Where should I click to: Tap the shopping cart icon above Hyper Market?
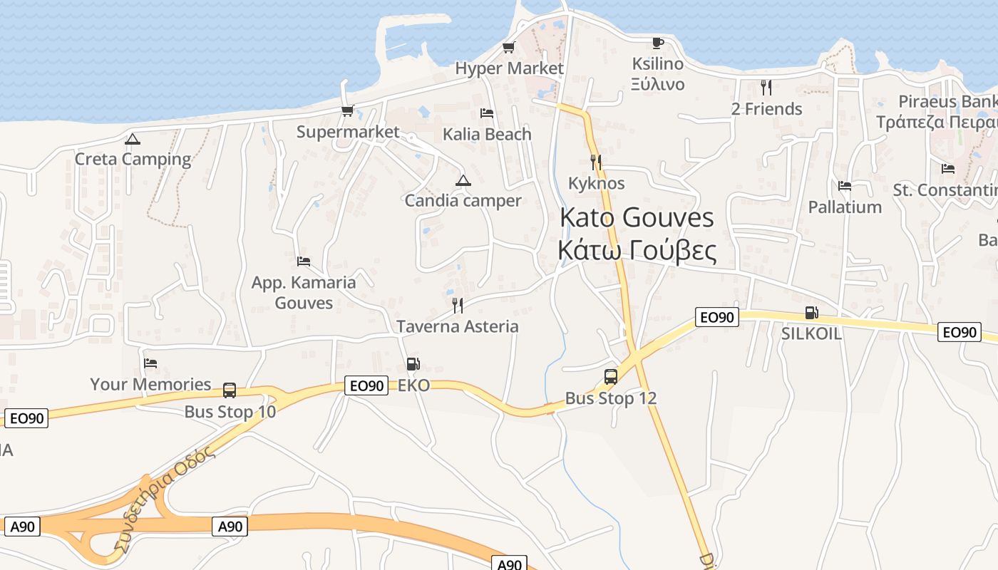click(x=508, y=48)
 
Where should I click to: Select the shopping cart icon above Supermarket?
click(x=347, y=111)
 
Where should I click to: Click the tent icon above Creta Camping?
click(x=132, y=140)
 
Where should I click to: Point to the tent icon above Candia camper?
click(x=463, y=181)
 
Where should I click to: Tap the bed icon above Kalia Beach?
click(x=487, y=113)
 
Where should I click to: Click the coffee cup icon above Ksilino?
click(x=657, y=43)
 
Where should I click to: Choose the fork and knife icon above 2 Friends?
click(x=766, y=88)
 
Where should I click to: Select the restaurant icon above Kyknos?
click(x=596, y=162)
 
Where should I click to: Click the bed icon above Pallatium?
click(x=845, y=186)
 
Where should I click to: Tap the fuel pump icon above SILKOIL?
click(x=811, y=313)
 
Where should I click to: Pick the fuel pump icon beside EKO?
click(x=413, y=365)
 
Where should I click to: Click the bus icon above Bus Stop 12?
click(x=611, y=377)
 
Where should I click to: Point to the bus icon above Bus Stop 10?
click(x=230, y=390)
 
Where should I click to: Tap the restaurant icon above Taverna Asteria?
click(x=458, y=306)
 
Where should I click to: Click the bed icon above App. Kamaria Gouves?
click(x=304, y=261)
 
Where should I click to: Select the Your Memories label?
click(x=150, y=385)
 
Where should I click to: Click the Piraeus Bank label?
click(x=947, y=101)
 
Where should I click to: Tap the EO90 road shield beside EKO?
click(x=366, y=386)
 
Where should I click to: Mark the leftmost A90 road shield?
click(x=22, y=527)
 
